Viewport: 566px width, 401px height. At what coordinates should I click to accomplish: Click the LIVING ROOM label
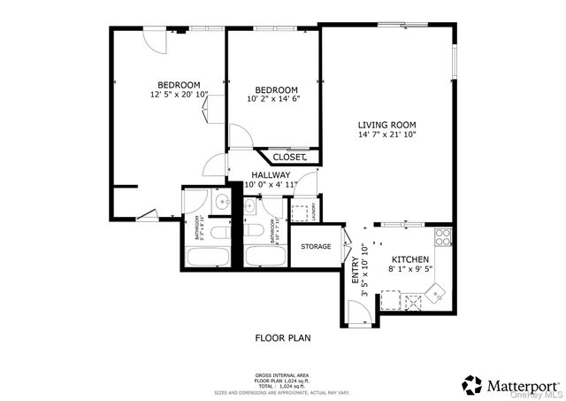386,125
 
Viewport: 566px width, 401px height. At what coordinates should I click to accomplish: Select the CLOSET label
288,157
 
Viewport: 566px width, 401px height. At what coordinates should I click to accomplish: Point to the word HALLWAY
269,175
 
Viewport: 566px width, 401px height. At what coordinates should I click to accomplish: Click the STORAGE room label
316,246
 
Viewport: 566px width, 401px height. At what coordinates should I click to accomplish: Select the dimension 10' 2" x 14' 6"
276,99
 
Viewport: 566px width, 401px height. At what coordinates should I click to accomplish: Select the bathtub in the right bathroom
265,258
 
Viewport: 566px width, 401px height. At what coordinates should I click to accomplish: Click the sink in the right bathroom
250,205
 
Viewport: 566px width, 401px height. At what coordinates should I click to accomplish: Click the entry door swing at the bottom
358,310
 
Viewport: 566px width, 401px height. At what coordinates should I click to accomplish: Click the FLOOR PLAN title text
282,337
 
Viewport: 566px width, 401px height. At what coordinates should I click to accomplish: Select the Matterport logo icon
472,385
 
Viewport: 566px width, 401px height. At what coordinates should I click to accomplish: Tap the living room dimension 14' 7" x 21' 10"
386,135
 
